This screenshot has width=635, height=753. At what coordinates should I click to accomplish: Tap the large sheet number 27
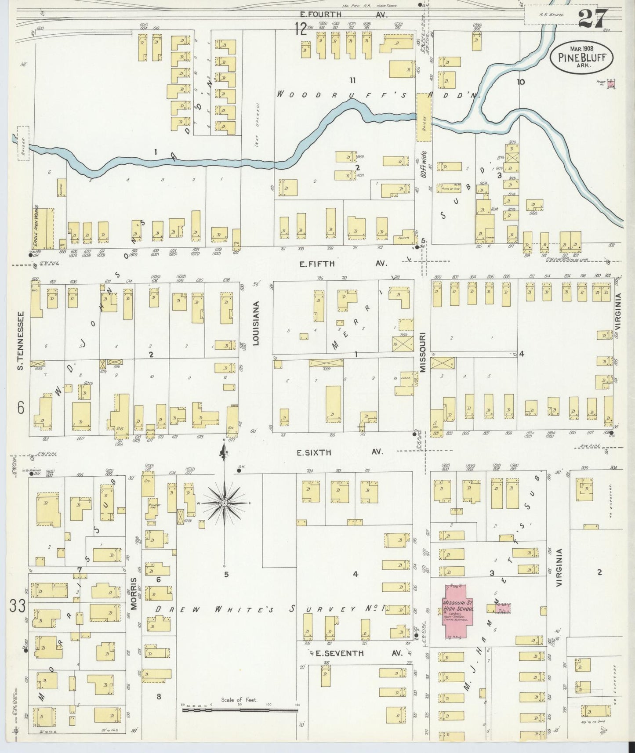click(x=593, y=18)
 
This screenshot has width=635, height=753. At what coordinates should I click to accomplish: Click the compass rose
click(x=224, y=502)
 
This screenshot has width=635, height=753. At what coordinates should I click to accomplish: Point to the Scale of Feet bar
click(x=239, y=708)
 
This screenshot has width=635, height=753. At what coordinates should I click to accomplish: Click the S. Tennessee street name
click(x=20, y=340)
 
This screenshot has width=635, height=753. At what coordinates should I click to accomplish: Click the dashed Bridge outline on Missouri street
click(x=424, y=117)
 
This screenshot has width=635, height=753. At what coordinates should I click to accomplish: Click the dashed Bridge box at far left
click(x=23, y=143)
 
